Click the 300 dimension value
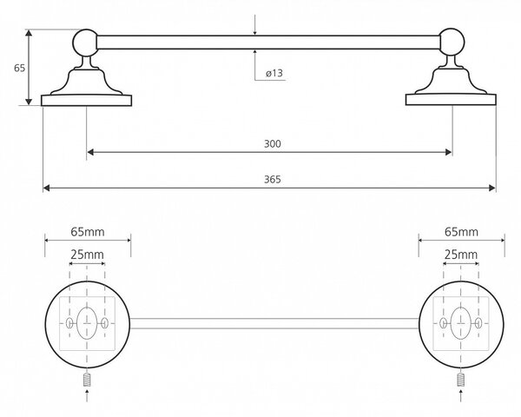point(273,143)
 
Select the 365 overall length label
point(273,179)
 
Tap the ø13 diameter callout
point(274,73)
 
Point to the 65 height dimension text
point(20,68)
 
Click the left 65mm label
point(88,232)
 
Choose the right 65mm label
point(462,232)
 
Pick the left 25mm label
point(87,255)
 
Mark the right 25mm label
point(461,255)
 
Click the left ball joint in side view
point(85,43)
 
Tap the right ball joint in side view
point(452,42)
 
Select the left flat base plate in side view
point(86,101)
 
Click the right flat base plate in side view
point(451,99)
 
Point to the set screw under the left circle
point(87,380)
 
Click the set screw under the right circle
point(460,380)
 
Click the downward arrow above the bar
point(254,24)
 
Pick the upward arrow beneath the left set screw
point(87,396)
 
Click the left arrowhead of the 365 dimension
point(47,189)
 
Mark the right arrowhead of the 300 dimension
point(448,152)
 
